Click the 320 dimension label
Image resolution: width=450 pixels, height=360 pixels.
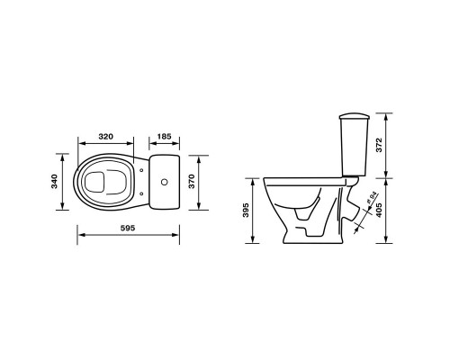pyautogui.click(x=106, y=137)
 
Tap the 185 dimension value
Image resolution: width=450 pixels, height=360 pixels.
pyautogui.click(x=164, y=137)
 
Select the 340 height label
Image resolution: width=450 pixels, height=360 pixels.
pyautogui.click(x=55, y=181)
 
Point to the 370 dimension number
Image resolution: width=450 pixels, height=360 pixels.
pyautogui.click(x=192, y=181)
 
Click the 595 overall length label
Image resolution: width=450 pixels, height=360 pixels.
pyautogui.click(x=128, y=228)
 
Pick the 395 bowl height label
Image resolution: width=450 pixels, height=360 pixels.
pyautogui.click(x=246, y=211)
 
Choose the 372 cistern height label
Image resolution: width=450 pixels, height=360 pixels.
pyautogui.click(x=379, y=145)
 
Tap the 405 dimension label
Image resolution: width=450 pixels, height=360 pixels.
pyautogui.click(x=379, y=211)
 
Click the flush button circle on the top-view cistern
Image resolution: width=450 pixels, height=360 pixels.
pyautogui.click(x=164, y=182)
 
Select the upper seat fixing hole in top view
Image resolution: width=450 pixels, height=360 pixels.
pyautogui.click(x=141, y=170)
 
